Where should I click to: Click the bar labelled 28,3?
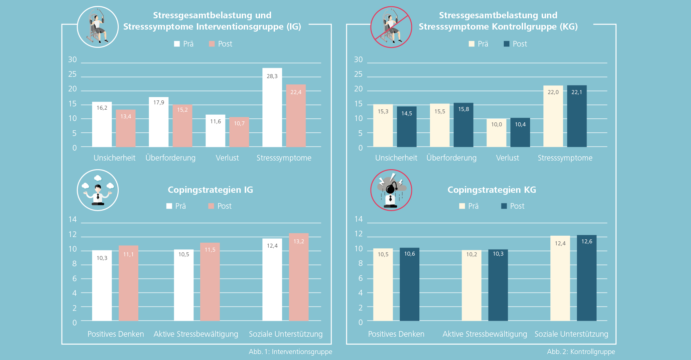point(272,107)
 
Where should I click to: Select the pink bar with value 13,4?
point(126,128)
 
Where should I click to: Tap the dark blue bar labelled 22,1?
point(577,116)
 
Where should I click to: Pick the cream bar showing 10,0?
point(496,133)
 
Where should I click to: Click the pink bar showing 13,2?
point(299,277)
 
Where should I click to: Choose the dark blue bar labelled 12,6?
point(587,278)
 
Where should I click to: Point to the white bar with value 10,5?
point(184,285)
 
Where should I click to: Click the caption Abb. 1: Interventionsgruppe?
point(290,352)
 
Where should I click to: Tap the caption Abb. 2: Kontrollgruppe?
point(581,352)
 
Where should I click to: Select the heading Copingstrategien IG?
point(210,190)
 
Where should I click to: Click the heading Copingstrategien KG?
point(491,190)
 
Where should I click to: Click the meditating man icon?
point(98,190)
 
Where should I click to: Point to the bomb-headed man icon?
point(391,190)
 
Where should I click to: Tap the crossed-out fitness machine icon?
point(391,27)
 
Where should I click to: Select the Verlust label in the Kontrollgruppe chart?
point(507,158)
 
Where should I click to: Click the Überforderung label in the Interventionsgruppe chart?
point(170,158)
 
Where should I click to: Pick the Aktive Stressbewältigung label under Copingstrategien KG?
point(484,334)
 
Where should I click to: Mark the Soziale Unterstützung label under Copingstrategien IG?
point(286,334)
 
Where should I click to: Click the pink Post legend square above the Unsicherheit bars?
point(212,44)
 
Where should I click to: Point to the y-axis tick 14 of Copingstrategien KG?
point(358,219)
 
